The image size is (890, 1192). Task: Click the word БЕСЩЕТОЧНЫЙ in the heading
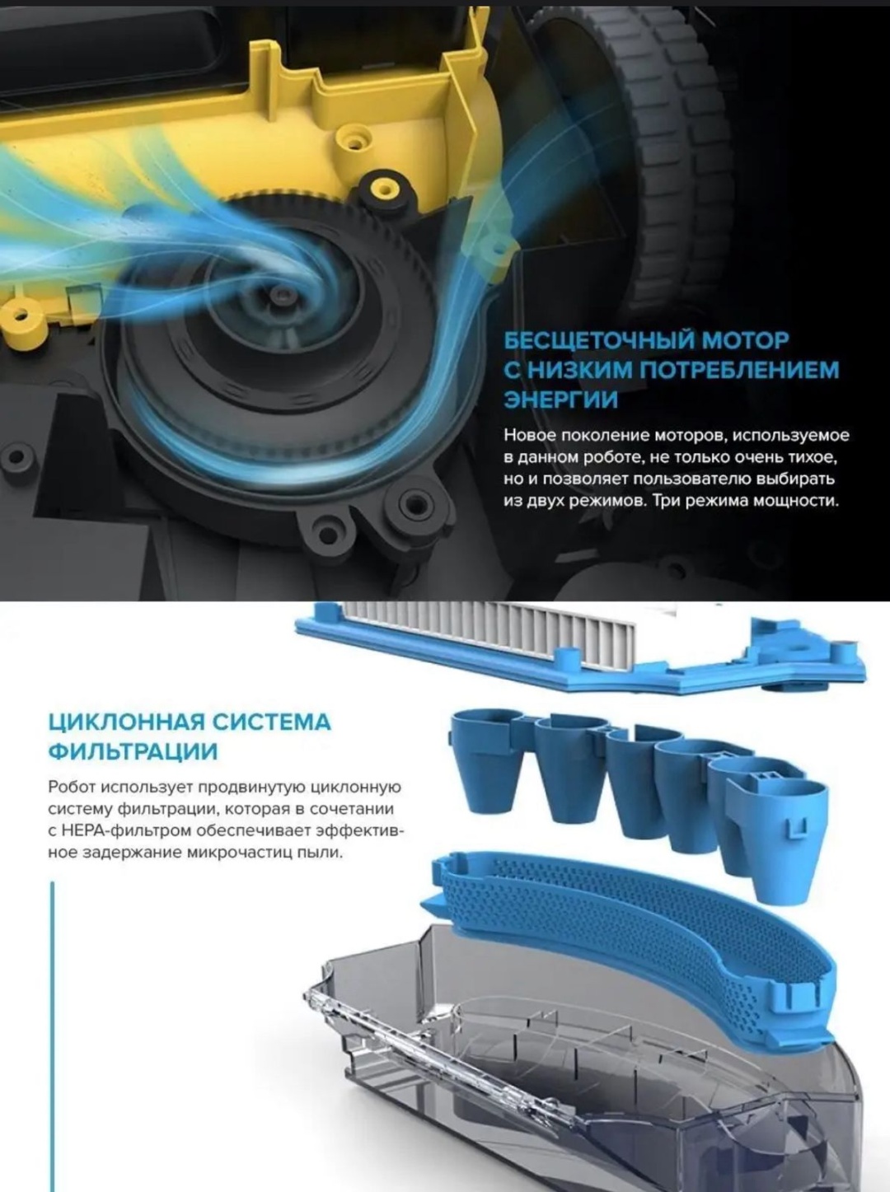[598, 340]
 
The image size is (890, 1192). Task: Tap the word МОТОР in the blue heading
[745, 340]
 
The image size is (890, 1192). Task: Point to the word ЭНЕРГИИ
[561, 400]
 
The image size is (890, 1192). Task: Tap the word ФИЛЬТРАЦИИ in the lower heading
[133, 753]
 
